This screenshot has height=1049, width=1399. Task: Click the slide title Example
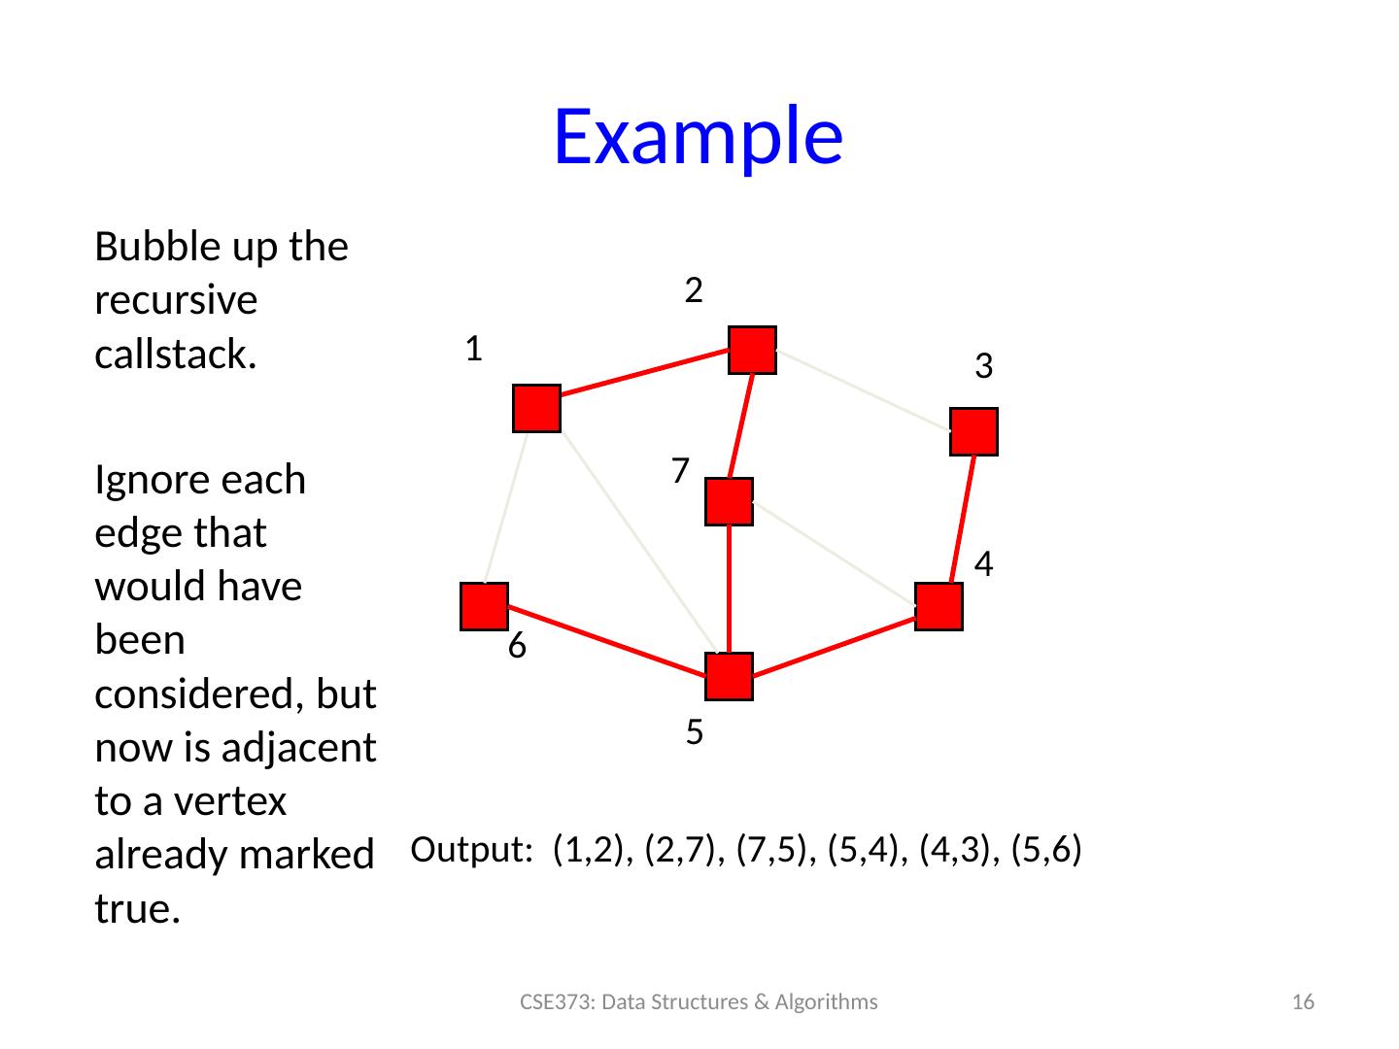(x=698, y=135)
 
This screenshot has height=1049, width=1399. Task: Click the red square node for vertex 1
(x=536, y=409)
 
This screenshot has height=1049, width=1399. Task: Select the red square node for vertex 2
(x=753, y=350)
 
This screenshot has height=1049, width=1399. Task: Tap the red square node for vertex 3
(x=974, y=432)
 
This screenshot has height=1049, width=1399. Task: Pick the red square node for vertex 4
(x=938, y=607)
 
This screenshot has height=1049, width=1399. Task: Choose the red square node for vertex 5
(x=730, y=677)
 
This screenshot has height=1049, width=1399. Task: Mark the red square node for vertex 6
(x=485, y=607)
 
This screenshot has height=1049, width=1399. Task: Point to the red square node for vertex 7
(x=730, y=502)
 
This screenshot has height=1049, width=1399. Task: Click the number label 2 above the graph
(x=694, y=289)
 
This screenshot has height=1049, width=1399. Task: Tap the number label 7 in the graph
(x=680, y=471)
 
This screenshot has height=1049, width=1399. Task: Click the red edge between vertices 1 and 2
(x=644, y=380)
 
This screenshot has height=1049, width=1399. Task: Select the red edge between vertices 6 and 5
(x=607, y=642)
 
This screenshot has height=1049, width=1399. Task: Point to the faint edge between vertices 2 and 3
(x=864, y=390)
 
